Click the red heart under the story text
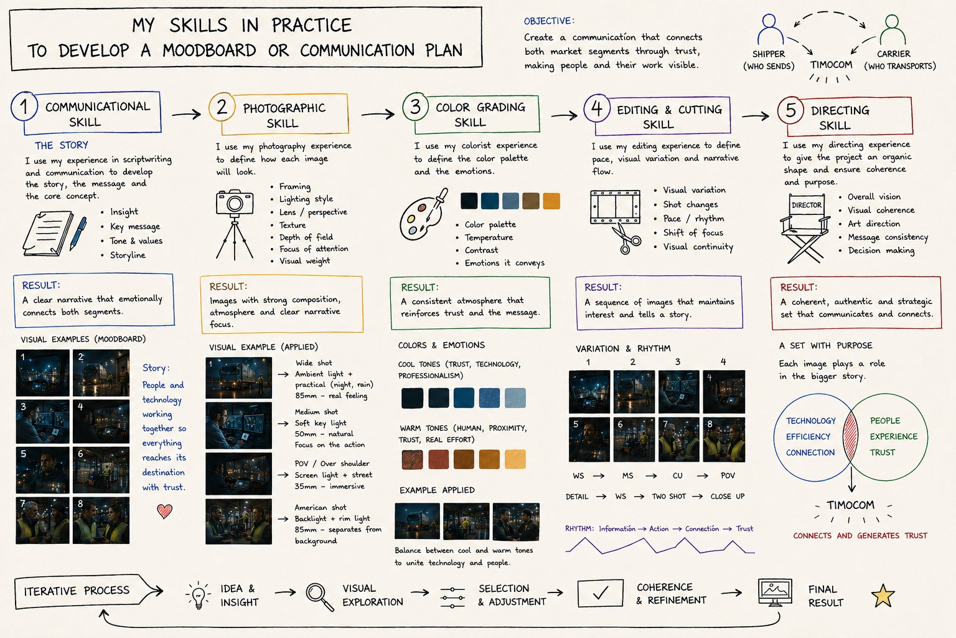point(164,511)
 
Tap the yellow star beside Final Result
point(883,596)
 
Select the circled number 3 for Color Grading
point(415,107)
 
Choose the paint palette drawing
point(423,215)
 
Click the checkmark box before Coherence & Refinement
point(600,593)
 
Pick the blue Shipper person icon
point(769,29)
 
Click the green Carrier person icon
point(892,29)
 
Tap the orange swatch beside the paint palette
point(551,201)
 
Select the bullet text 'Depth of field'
point(306,237)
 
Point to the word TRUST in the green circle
point(882,452)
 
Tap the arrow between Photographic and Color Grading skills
point(378,114)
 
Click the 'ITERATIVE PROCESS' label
point(77,591)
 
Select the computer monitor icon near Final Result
point(775,593)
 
